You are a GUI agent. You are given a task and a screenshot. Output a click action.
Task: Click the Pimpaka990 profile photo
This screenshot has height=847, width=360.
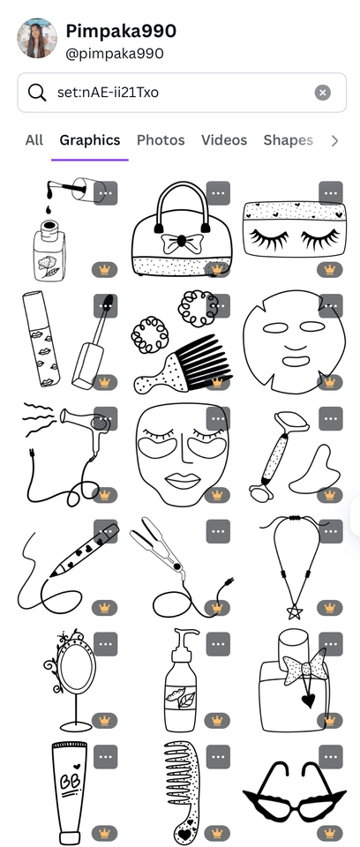[x=37, y=38]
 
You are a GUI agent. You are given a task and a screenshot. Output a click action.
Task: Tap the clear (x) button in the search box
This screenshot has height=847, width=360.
[x=323, y=93]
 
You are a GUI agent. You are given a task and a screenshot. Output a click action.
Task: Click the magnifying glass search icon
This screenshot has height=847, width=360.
[x=37, y=93]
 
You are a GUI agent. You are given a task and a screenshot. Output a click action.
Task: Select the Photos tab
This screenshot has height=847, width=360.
[x=161, y=140]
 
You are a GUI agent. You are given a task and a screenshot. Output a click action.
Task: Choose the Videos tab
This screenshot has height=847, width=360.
[x=224, y=140]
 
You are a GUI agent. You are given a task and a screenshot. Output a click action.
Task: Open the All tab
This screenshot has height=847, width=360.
[x=34, y=140]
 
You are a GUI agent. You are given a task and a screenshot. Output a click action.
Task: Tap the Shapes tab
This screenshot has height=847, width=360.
[x=289, y=140]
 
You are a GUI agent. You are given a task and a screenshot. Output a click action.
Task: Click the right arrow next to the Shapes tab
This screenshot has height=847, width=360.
[x=334, y=140]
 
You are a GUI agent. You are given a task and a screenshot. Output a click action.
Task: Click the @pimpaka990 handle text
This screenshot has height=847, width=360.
[x=115, y=54]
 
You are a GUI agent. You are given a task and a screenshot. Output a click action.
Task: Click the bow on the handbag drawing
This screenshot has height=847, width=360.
[x=182, y=242]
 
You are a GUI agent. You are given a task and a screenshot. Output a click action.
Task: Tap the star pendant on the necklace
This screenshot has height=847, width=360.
[x=295, y=611]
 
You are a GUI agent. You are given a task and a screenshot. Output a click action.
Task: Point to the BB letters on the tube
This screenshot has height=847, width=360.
[x=68, y=782]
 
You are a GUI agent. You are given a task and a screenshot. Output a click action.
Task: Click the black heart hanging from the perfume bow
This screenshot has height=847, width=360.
[x=308, y=701]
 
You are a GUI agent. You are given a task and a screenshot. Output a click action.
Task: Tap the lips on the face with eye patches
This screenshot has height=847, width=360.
[x=182, y=480]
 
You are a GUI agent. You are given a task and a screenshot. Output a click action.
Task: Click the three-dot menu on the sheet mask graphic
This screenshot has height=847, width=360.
[x=331, y=306]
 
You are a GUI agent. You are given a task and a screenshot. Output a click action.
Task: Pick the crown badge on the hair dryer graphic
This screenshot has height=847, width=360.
[x=104, y=495]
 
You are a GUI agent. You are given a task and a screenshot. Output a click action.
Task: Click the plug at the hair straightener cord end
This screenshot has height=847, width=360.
[x=229, y=581]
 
